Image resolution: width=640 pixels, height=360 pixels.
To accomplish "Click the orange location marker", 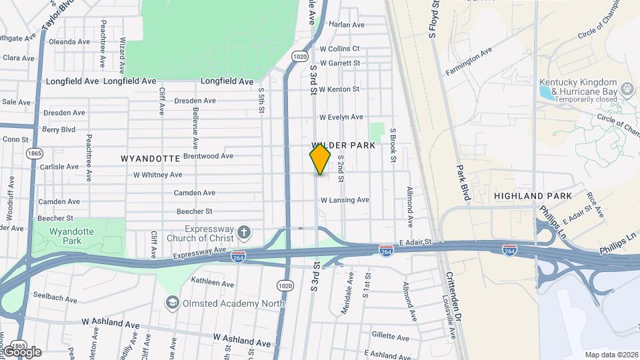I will pyautogui.click(x=320, y=159).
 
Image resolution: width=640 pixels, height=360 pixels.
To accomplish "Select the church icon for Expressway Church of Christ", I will pyautogui.click(x=245, y=233).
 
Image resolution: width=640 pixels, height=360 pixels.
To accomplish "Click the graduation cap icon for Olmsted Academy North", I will pyautogui.click(x=173, y=303).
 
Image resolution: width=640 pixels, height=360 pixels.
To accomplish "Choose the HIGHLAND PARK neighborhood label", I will pyautogui.click(x=533, y=196).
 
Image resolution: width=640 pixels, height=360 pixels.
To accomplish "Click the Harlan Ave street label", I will pyautogui.click(x=347, y=25).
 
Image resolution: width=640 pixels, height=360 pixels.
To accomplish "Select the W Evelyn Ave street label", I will pyautogui.click(x=341, y=117).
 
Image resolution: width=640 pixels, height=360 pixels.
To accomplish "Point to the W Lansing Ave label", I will pyautogui.click(x=345, y=200).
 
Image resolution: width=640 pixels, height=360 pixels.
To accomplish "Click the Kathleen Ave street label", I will pyautogui.click(x=213, y=284).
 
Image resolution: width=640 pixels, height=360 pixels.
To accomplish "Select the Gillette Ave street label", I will pyautogui.click(x=390, y=335).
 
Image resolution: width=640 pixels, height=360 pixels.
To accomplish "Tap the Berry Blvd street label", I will pyautogui.click(x=59, y=129).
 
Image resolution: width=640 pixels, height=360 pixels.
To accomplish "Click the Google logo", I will pyautogui.click(x=21, y=352).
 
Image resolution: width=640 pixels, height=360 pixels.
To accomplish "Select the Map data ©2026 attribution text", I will pyautogui.click(x=611, y=355).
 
